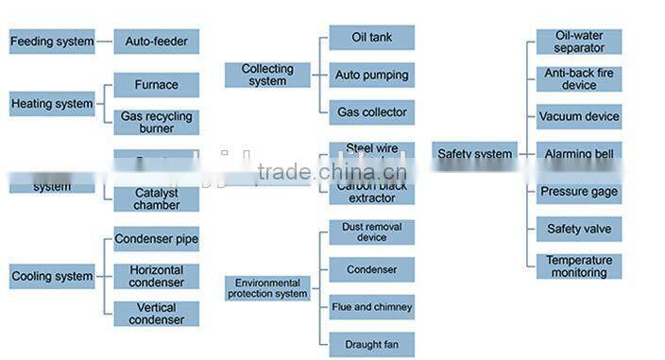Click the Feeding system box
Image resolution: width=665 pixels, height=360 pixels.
[52, 42]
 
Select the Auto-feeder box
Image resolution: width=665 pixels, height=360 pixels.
[157, 42]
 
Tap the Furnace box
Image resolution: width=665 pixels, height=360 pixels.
[157, 85]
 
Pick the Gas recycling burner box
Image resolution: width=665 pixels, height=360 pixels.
[157, 123]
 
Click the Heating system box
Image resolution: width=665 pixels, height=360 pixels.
[52, 104]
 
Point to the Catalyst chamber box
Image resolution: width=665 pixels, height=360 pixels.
[157, 199]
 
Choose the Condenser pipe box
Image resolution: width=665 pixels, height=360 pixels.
[157, 239]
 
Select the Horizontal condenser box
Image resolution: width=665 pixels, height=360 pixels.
[157, 276]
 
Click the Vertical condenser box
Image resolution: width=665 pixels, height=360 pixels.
[157, 314]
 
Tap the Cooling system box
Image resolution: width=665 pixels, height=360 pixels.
[52, 277]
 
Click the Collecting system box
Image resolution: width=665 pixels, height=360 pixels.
[267, 75]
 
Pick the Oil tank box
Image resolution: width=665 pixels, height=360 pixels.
[371, 38]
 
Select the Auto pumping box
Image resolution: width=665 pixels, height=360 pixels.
[371, 75]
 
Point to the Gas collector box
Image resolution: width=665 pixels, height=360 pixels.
[371, 112]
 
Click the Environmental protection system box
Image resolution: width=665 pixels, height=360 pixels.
[267, 288]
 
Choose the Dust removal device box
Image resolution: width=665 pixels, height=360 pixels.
[371, 232]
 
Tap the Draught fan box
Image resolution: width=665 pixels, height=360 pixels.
[371, 345]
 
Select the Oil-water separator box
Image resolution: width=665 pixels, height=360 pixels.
[579, 42]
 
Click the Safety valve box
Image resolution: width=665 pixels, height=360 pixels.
[579, 229]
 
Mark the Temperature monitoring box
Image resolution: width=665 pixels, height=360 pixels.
[579, 266]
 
